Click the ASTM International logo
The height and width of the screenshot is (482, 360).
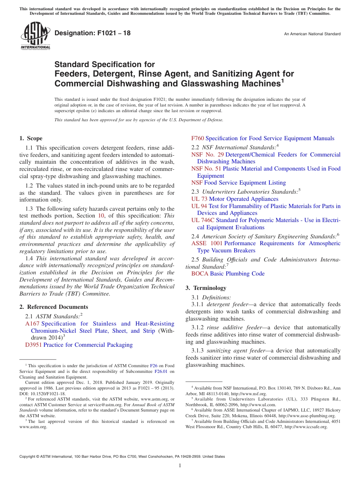coord(35,36)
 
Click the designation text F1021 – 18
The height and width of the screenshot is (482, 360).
coord(92,33)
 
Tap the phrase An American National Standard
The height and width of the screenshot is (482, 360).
coord(312,34)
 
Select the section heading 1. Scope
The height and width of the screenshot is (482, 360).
coord(31,138)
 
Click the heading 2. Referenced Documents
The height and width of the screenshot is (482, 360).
coord(53,307)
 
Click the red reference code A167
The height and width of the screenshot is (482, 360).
coord(32,324)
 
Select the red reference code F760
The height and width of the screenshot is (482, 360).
coord(197,138)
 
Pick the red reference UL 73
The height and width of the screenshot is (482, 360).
coord(199,199)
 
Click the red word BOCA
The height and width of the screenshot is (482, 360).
coord(200,274)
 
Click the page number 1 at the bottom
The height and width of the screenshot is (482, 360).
coord(180,466)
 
